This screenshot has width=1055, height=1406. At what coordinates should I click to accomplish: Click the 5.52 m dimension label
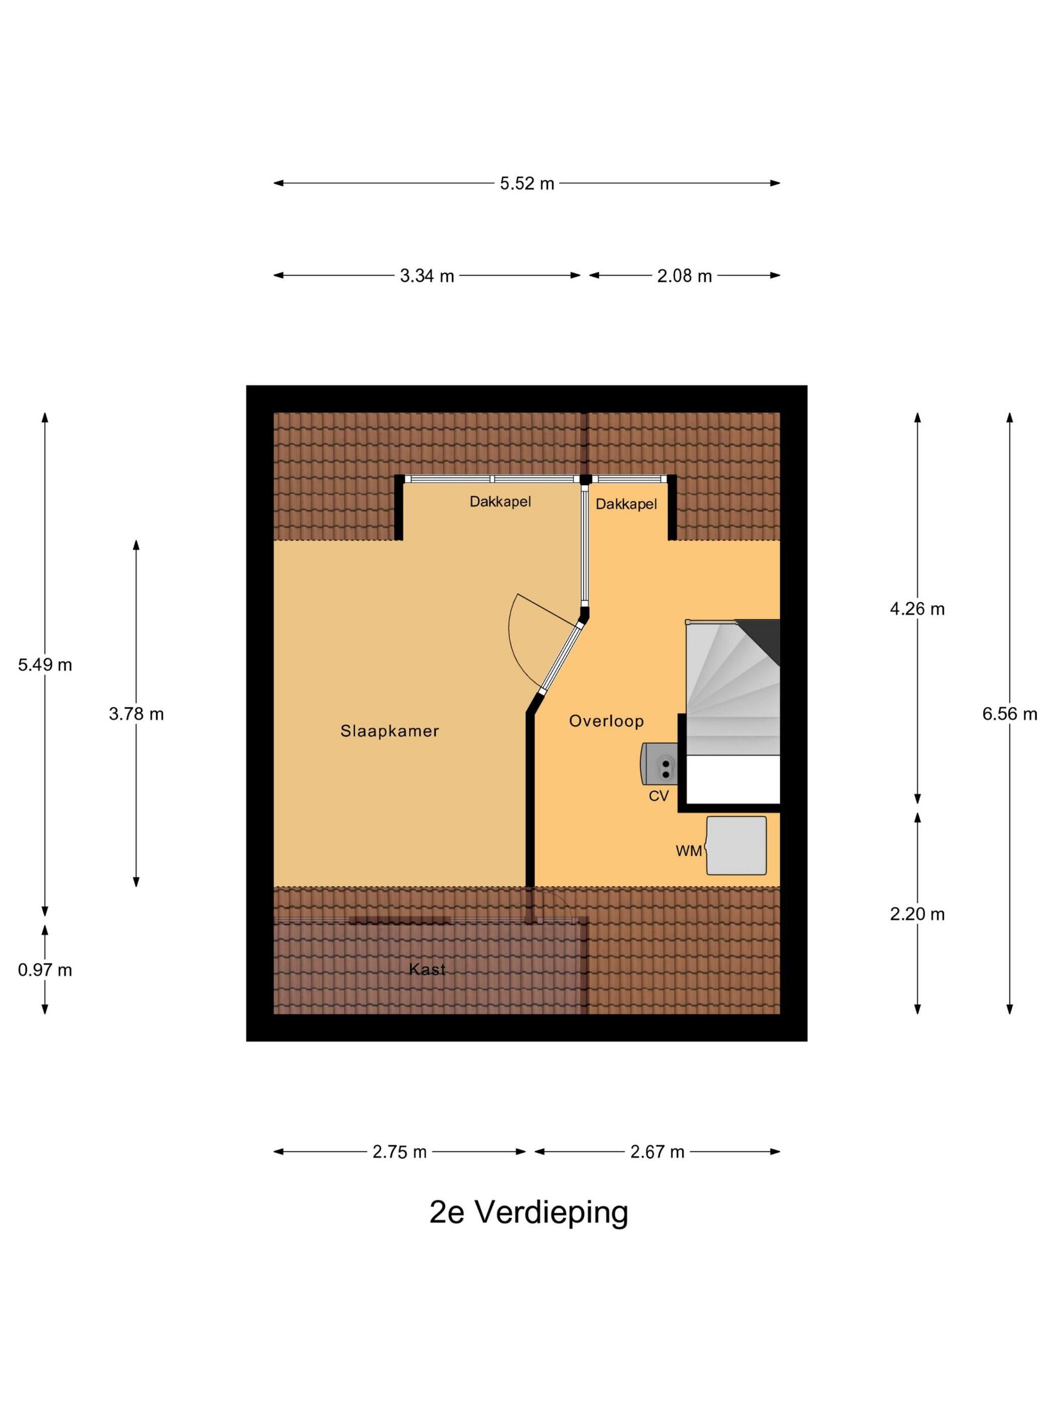click(x=526, y=184)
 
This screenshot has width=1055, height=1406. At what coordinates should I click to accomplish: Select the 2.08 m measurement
click(x=684, y=276)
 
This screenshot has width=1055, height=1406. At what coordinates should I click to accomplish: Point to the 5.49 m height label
click(x=45, y=665)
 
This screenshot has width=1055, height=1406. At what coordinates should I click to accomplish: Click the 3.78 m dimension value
click(x=136, y=714)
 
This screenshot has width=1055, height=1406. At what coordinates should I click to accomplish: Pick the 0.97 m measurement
click(x=45, y=970)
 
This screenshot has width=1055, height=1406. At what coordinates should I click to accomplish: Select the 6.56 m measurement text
click(x=1010, y=714)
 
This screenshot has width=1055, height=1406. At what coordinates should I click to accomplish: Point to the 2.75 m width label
click(x=399, y=1152)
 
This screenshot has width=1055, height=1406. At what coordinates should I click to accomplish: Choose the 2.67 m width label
click(x=657, y=1152)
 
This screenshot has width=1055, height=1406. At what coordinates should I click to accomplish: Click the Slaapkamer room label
click(x=390, y=731)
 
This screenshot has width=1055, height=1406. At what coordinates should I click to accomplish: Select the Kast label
click(x=428, y=969)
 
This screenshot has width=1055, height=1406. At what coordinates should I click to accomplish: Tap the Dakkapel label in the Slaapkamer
click(x=500, y=502)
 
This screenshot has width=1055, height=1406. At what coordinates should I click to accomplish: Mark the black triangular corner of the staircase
click(x=764, y=638)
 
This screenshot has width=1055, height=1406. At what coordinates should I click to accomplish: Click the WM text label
click(x=689, y=851)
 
